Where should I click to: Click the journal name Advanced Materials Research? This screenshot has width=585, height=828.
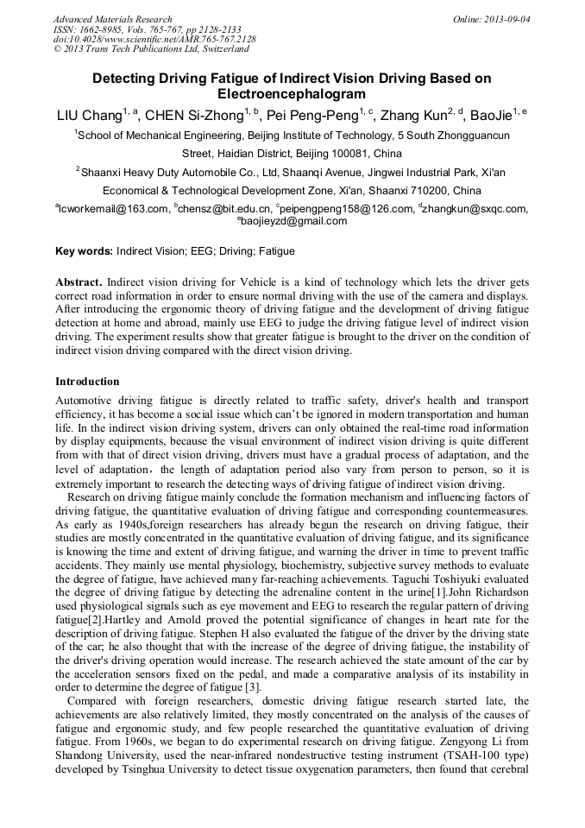(112, 19)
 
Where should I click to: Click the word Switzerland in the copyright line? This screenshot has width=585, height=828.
(217, 49)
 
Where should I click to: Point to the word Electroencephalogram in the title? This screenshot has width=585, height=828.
(292, 94)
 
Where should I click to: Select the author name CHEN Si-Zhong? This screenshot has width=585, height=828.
(192, 115)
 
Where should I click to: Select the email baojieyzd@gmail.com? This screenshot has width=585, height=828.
(294, 221)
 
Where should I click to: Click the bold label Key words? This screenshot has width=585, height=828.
(84, 251)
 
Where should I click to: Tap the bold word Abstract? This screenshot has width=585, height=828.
(79, 282)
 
